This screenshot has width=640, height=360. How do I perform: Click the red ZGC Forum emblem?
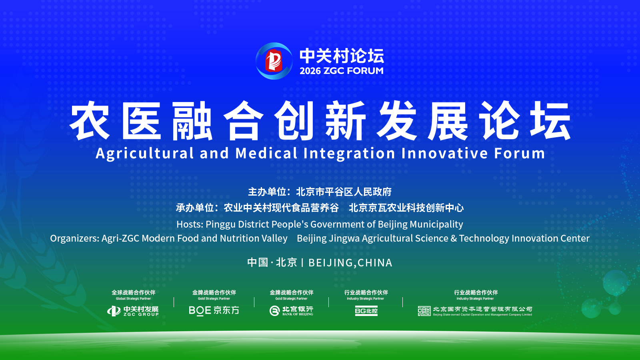(274, 61)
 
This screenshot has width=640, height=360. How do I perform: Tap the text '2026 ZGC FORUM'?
(342, 71)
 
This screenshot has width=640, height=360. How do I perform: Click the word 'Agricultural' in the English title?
(145, 154)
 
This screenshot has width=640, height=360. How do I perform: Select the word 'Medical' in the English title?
(266, 153)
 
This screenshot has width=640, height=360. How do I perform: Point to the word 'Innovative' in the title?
(444, 153)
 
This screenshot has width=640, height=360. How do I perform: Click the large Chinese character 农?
(90, 120)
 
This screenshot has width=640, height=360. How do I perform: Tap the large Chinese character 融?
(192, 120)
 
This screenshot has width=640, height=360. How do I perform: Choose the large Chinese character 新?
(346, 120)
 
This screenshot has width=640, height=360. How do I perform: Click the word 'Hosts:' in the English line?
(190, 224)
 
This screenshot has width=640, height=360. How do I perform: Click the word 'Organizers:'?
(74, 238)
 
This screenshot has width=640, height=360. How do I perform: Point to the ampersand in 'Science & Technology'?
(454, 238)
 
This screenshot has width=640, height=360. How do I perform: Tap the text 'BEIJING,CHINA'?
(350, 263)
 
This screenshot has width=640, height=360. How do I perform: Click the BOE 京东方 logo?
(214, 310)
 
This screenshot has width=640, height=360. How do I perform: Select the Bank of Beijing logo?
(291, 310)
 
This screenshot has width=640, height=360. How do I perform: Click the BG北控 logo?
(366, 311)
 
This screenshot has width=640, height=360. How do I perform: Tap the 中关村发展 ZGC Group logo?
(133, 311)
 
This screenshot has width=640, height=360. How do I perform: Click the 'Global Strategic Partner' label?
(134, 298)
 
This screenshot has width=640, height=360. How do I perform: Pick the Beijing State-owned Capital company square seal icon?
(424, 311)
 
